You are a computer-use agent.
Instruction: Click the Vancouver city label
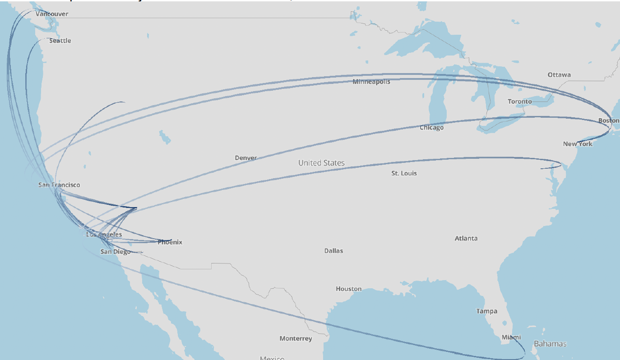52,14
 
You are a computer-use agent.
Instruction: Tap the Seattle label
60,41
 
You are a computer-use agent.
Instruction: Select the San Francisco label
59,185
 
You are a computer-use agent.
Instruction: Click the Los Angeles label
104,235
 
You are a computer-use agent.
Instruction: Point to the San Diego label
115,252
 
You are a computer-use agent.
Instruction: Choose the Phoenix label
170,242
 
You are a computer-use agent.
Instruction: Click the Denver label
246,158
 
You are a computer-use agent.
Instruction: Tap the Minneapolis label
371,82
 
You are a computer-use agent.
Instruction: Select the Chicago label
431,128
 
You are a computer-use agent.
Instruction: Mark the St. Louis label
404,173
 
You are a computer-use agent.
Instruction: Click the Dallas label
333,251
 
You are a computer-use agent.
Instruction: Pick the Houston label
348,289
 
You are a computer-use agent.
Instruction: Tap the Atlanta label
466,238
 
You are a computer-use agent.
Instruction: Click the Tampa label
487,311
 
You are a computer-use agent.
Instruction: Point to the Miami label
511,337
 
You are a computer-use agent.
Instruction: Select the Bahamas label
550,344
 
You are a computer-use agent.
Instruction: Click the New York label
578,144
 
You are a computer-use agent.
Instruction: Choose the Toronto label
520,102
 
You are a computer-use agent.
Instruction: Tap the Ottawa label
559,75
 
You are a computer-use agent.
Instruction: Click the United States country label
321,163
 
